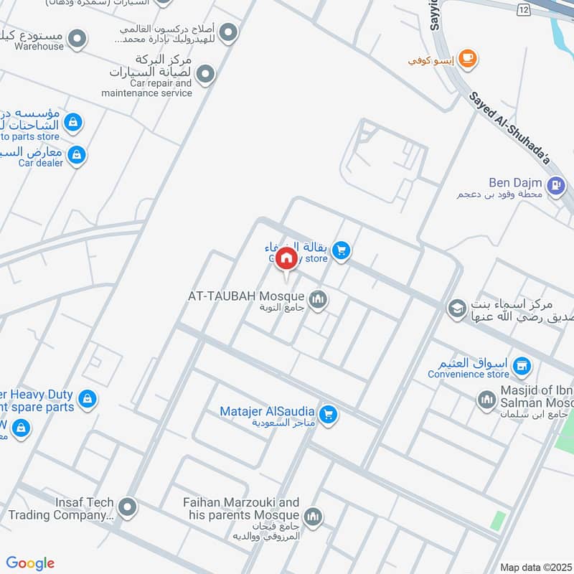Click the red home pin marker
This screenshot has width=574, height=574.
tap(286, 258)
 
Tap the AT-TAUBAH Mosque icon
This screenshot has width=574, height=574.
tap(318, 298)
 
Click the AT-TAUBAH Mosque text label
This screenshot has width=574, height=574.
tap(246, 296)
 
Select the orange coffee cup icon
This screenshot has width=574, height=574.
tap(467, 59)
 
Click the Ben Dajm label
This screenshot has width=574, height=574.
tap(516, 183)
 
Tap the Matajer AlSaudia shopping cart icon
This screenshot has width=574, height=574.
tap(328, 414)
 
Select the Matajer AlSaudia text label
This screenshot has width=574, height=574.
tap(267, 411)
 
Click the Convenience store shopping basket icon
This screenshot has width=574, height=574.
tap(522, 367)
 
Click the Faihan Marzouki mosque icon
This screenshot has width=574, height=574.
tap(312, 515)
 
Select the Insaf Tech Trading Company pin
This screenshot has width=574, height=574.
tap(128, 508)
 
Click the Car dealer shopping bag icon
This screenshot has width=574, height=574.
tap(77, 154)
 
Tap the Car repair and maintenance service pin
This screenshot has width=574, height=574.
tap(206, 74)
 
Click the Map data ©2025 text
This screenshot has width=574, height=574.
tap(535, 567)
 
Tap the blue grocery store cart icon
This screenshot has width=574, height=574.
tap(341, 250)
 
